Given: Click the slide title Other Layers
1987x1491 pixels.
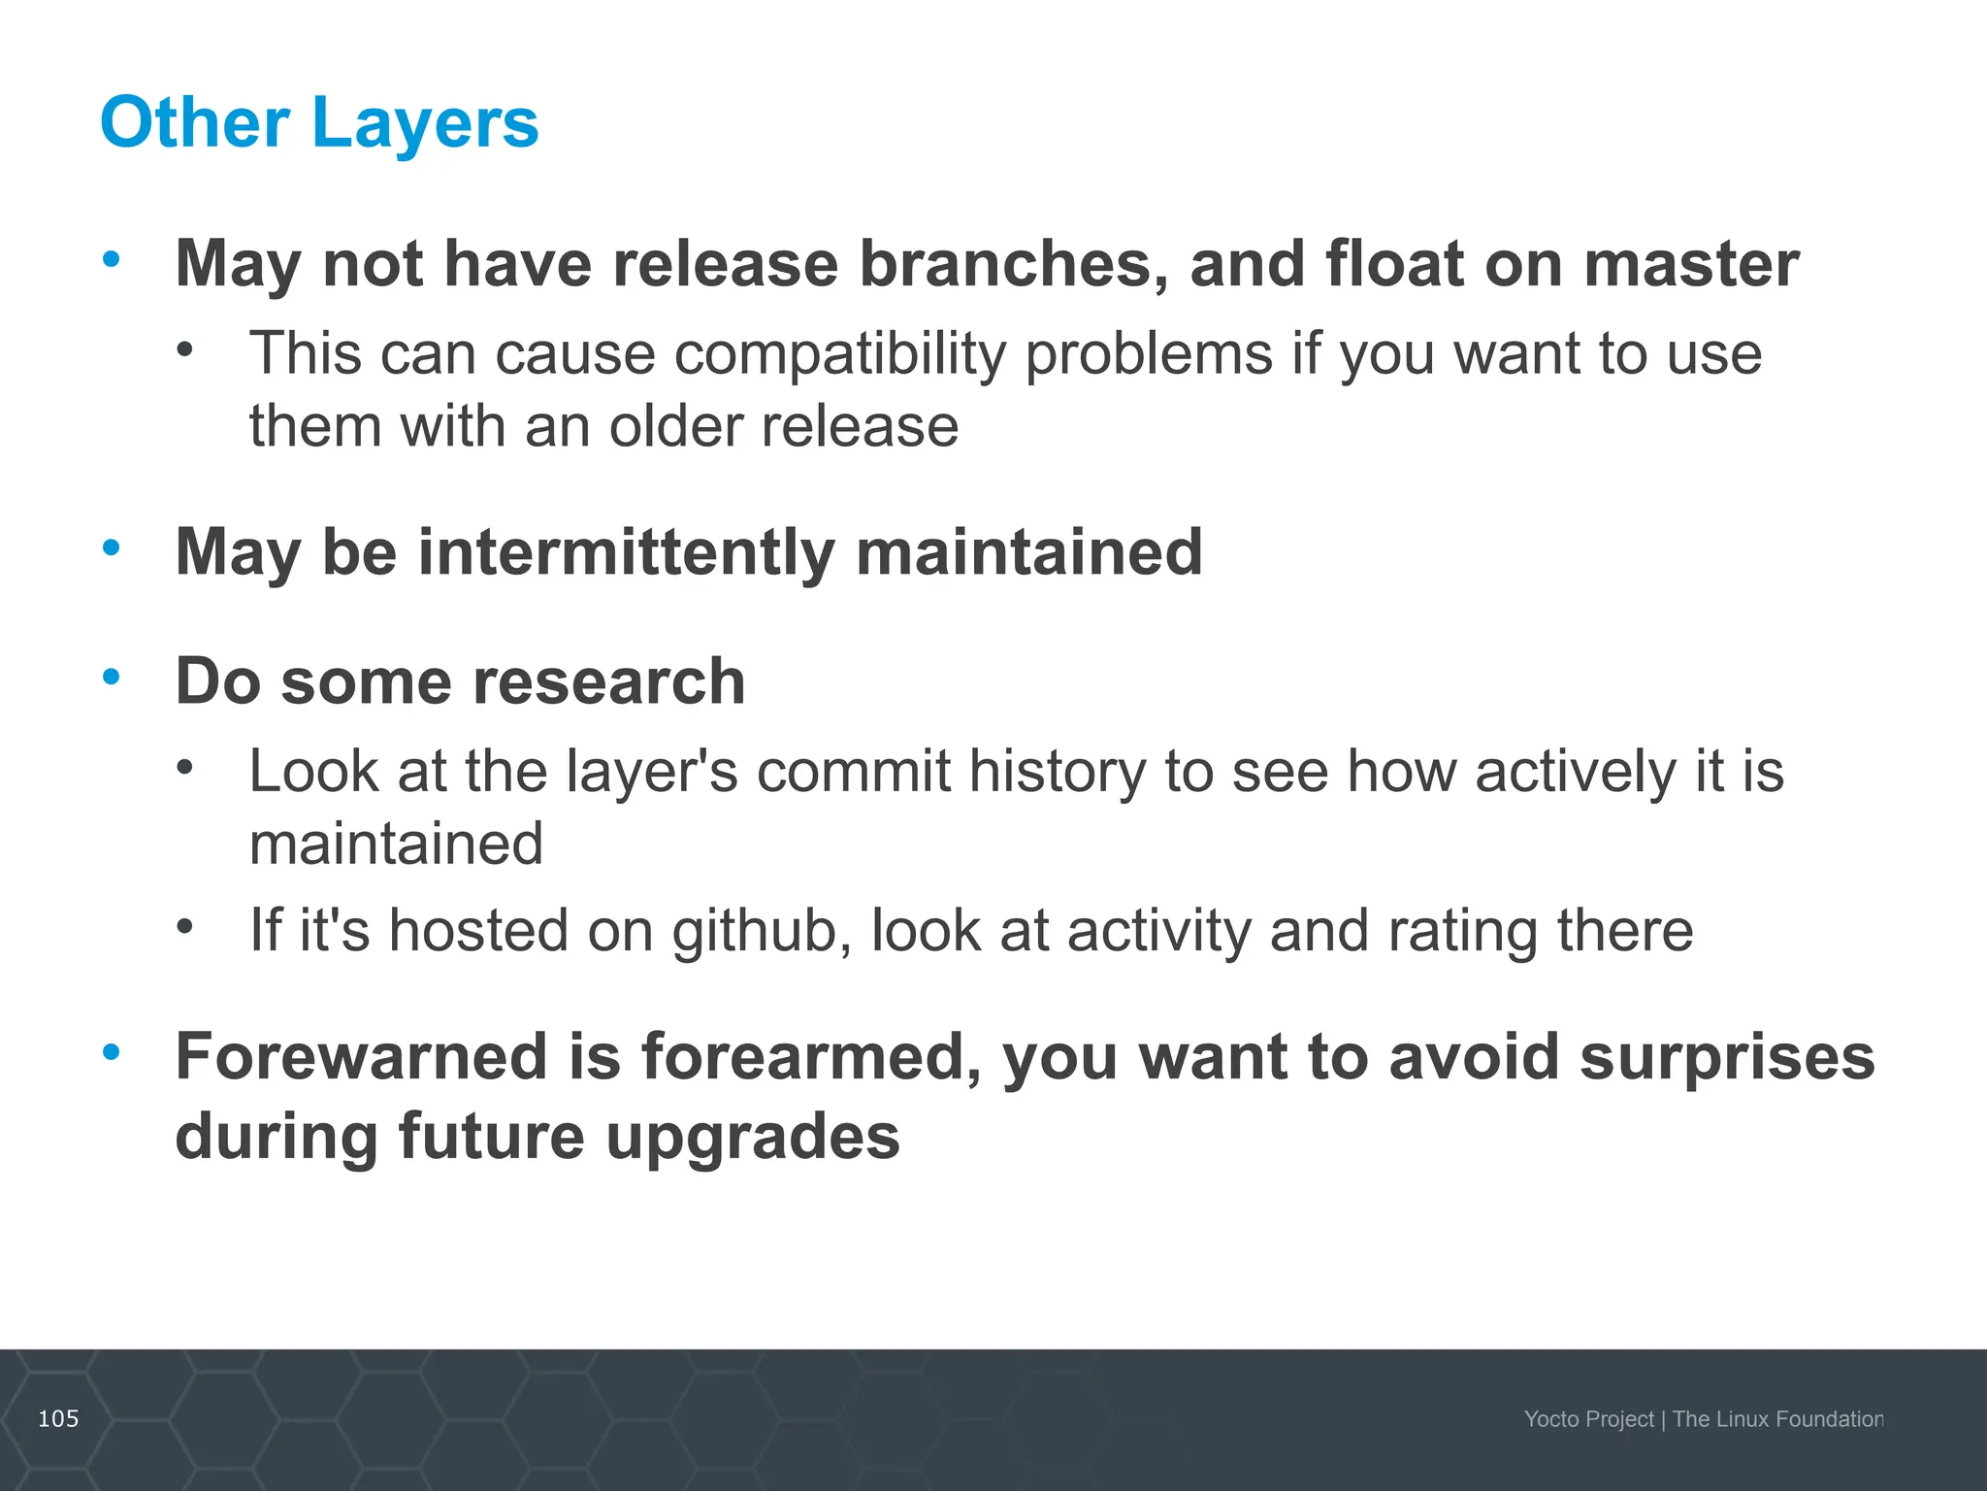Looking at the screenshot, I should [x=319, y=123].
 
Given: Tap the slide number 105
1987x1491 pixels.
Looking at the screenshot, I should [x=58, y=1419].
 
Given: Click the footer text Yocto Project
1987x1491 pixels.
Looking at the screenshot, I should [x=1588, y=1419].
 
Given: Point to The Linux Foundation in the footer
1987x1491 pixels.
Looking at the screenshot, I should [x=1777, y=1419].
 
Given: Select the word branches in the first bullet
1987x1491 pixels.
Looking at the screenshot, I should [x=1014, y=264].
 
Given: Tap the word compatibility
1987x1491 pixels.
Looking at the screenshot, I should [x=840, y=353].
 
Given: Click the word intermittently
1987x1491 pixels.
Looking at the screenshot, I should [x=626, y=552].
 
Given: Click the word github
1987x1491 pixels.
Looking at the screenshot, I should [x=762, y=931].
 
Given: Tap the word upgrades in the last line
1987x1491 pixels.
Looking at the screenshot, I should [x=753, y=1137].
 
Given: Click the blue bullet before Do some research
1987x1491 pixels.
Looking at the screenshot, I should [x=112, y=677].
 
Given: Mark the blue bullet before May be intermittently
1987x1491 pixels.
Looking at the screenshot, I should [x=112, y=547].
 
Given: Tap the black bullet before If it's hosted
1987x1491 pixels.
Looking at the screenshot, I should [x=185, y=926].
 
